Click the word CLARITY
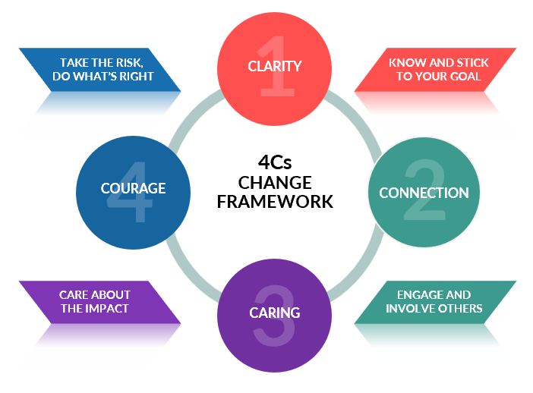[274, 66]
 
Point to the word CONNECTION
[424, 193]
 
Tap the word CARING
[274, 313]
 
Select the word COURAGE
[134, 188]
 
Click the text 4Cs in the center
[274, 162]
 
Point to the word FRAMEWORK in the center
[274, 202]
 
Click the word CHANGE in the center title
[274, 183]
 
